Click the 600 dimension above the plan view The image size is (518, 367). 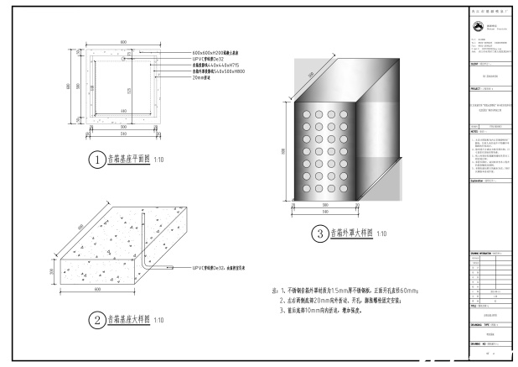point(123,41)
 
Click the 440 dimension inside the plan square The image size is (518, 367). point(123,110)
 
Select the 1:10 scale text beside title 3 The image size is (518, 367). point(381,235)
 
